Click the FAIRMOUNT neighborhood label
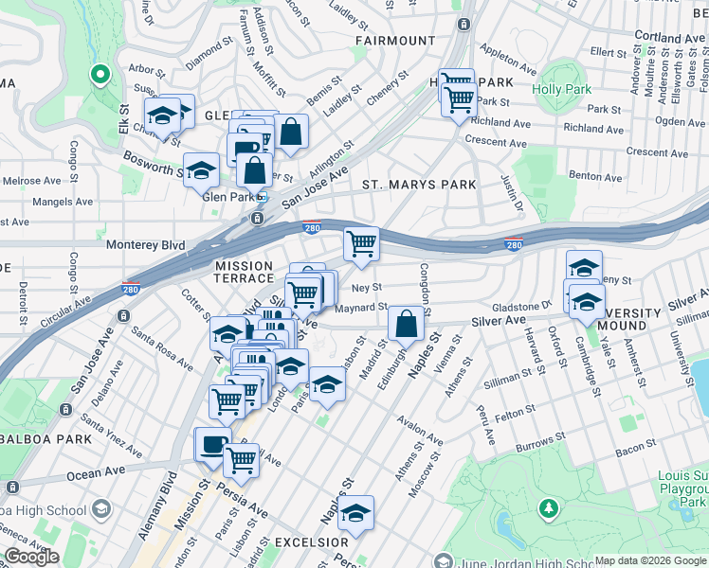click(395, 41)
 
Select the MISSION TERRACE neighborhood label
click(244, 274)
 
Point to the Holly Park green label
click(561, 90)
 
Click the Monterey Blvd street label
click(144, 243)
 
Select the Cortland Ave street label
click(670, 38)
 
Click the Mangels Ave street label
click(63, 202)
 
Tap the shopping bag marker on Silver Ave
click(406, 324)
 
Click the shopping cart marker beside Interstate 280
click(361, 243)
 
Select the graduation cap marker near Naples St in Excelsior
click(356, 513)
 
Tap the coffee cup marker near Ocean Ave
click(212, 444)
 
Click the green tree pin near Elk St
click(100, 75)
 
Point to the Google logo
click(31, 557)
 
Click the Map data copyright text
click(650, 560)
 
